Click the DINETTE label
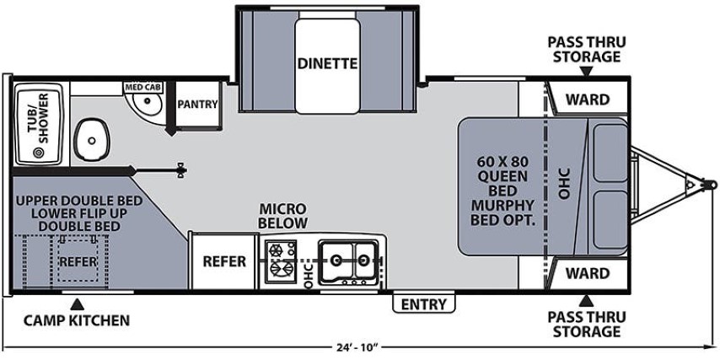[x=327, y=63]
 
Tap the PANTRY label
[x=197, y=105]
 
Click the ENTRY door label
[x=423, y=304]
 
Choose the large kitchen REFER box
[x=223, y=261]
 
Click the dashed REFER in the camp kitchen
[x=78, y=261]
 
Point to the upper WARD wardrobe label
[x=587, y=99]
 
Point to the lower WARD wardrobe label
[x=587, y=273]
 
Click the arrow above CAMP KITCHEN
[x=77, y=302]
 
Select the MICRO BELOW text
[x=282, y=215]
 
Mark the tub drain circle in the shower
[x=38, y=153]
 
